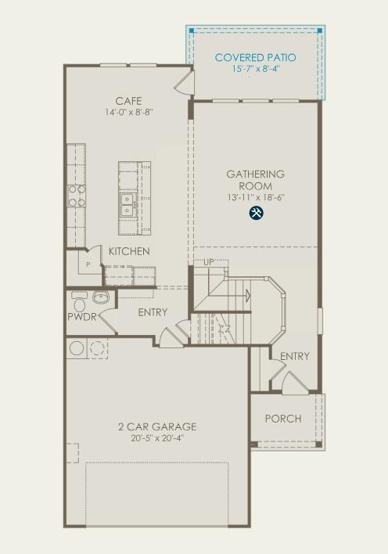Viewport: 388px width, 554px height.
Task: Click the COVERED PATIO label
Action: pyautogui.click(x=255, y=57)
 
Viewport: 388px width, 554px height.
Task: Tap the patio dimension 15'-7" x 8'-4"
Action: pyautogui.click(x=255, y=69)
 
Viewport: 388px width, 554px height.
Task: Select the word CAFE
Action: pyautogui.click(x=128, y=101)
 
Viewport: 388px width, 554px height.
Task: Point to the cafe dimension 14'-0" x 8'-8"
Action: pyautogui.click(x=128, y=113)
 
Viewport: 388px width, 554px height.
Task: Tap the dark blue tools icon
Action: pyautogui.click(x=256, y=213)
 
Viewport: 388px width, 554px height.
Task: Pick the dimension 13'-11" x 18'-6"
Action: pyautogui.click(x=256, y=198)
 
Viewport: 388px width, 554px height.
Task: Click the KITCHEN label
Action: pyautogui.click(x=129, y=251)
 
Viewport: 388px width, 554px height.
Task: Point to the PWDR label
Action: pyautogui.click(x=81, y=317)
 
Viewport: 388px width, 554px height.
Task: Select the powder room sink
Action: pyautogui.click(x=101, y=297)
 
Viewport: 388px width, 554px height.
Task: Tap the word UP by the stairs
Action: pyautogui.click(x=208, y=262)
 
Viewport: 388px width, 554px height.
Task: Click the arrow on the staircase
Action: pyautogui.click(x=246, y=295)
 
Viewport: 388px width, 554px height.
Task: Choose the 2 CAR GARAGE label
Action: pyautogui.click(x=157, y=426)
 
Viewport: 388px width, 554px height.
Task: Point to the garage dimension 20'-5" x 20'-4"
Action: pyautogui.click(x=157, y=439)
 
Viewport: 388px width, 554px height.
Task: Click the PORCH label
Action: pyautogui.click(x=282, y=419)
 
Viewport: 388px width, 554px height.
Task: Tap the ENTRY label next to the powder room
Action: pyautogui.click(x=153, y=312)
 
